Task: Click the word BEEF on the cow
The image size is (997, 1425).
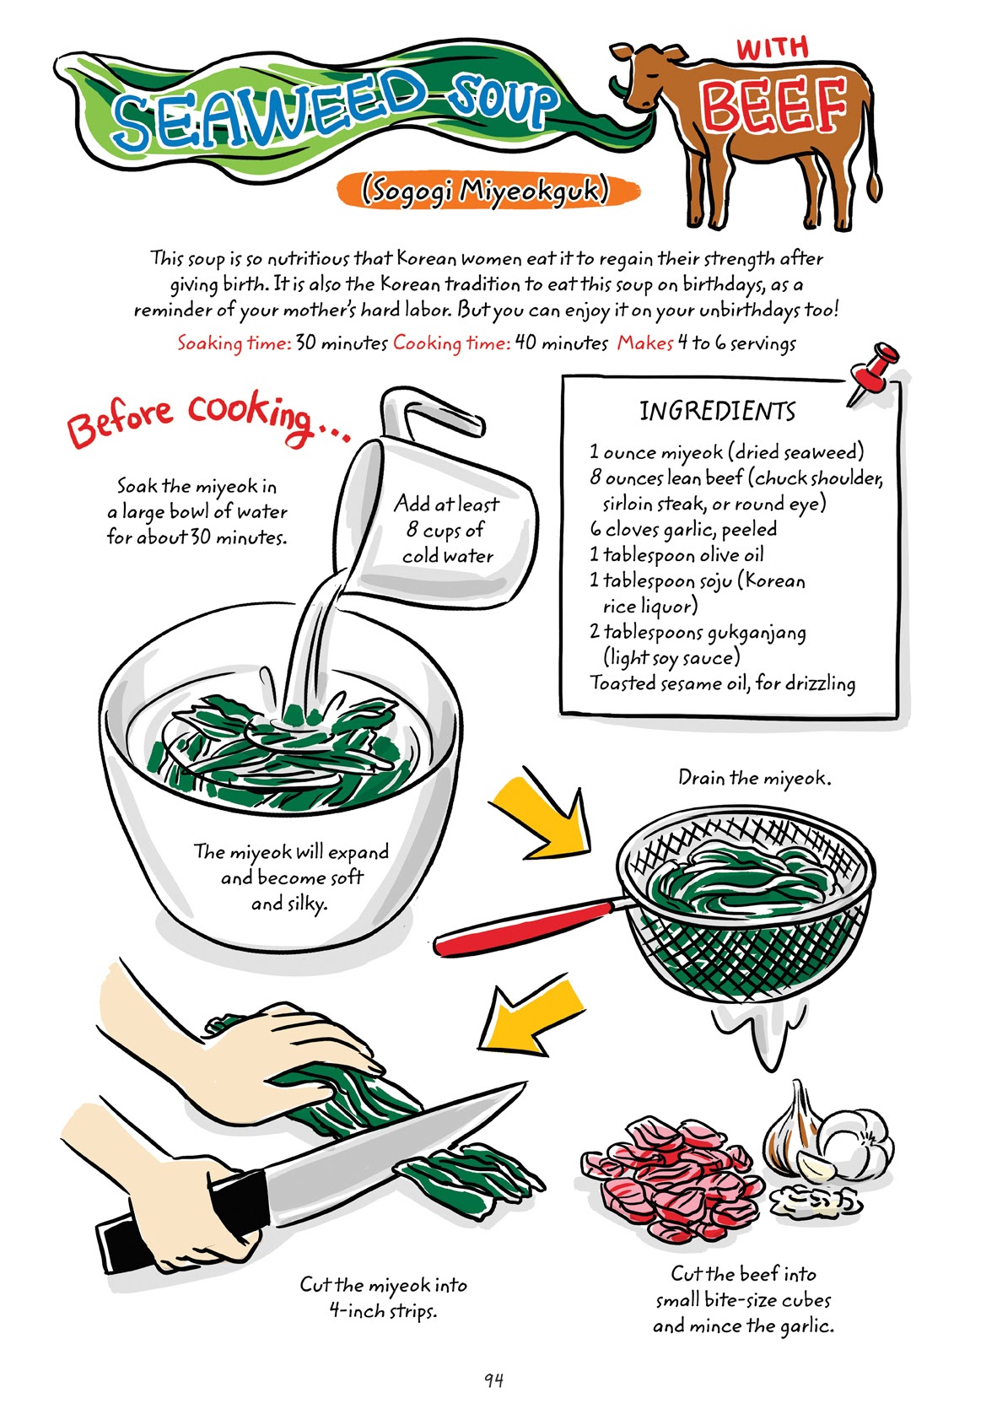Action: click(x=773, y=105)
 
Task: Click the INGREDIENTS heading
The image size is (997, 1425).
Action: click(x=717, y=412)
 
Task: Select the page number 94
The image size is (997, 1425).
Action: click(x=494, y=1380)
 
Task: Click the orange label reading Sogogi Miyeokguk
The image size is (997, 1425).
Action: click(x=484, y=191)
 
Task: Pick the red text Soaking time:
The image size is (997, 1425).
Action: click(x=234, y=343)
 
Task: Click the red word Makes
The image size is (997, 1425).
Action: click(x=644, y=343)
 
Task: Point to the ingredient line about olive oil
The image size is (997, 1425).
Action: click(x=676, y=555)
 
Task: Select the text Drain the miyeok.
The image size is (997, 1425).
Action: click(x=754, y=778)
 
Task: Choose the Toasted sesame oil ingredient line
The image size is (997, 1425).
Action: click(x=722, y=683)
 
